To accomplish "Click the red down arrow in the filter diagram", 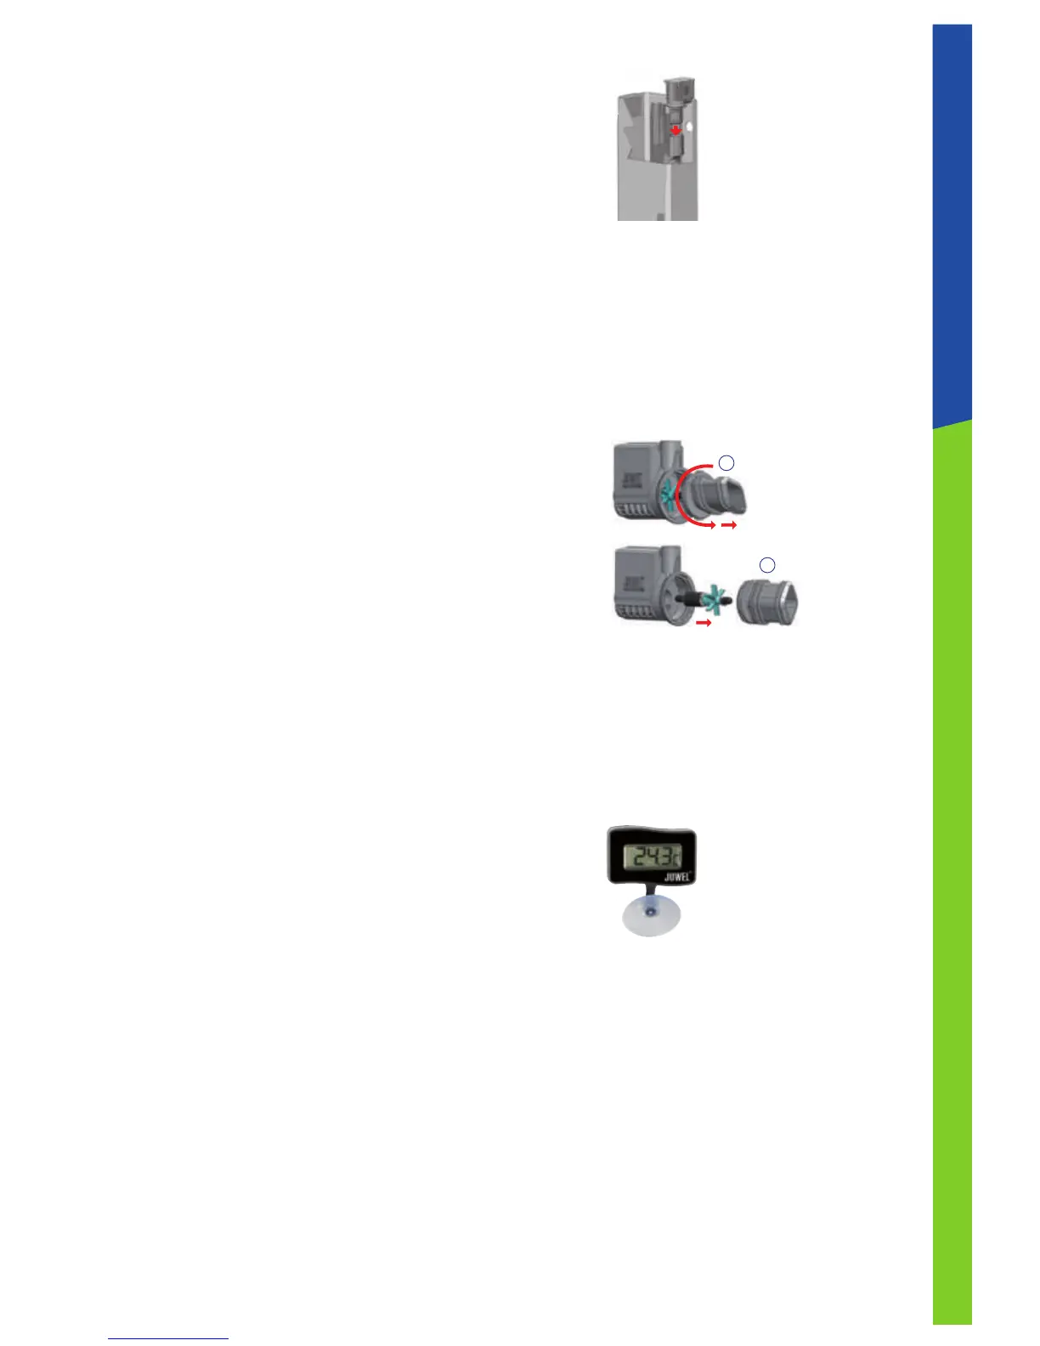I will [x=675, y=130].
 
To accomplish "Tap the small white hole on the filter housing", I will [x=690, y=126].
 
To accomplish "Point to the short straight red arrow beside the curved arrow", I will [x=728, y=526].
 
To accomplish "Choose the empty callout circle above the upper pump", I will [x=726, y=462].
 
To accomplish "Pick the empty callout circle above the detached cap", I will [x=766, y=564].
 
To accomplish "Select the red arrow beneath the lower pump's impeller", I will [x=703, y=623].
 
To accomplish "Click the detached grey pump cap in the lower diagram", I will [x=766, y=601].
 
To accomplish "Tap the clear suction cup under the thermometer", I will [x=650, y=919].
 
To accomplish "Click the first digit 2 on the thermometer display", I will [x=633, y=855].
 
